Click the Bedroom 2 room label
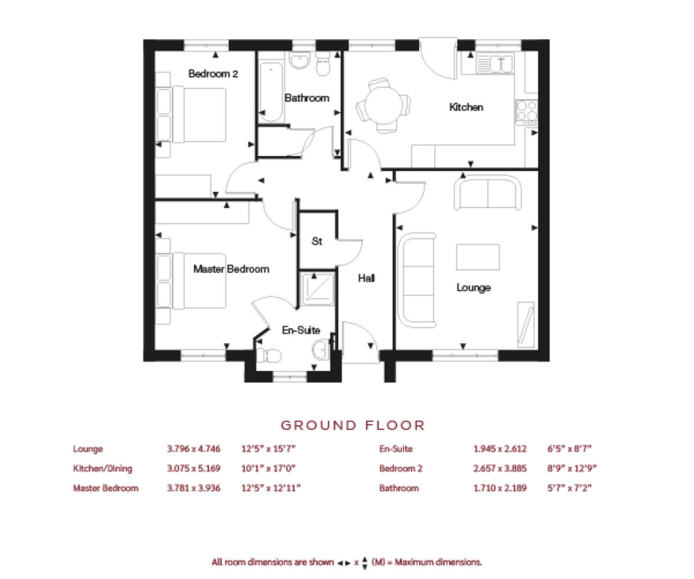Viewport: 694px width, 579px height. coord(213,74)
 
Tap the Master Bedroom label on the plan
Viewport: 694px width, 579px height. coord(231,269)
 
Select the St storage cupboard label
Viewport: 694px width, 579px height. coord(316,241)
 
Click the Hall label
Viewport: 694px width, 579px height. coord(366,278)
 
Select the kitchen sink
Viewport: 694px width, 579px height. coord(495,63)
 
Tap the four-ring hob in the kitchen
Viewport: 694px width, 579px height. coord(526,112)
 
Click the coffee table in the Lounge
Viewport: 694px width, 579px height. coord(478,257)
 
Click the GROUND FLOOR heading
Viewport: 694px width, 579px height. coord(353,426)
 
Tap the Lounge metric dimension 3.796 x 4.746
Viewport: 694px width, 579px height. coord(193,449)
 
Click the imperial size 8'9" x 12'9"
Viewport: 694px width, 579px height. coord(571,468)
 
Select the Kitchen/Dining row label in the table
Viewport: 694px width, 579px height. coord(102,468)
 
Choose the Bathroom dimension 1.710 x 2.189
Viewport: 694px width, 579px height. coord(500,488)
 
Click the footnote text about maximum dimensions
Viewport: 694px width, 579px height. coord(346,562)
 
